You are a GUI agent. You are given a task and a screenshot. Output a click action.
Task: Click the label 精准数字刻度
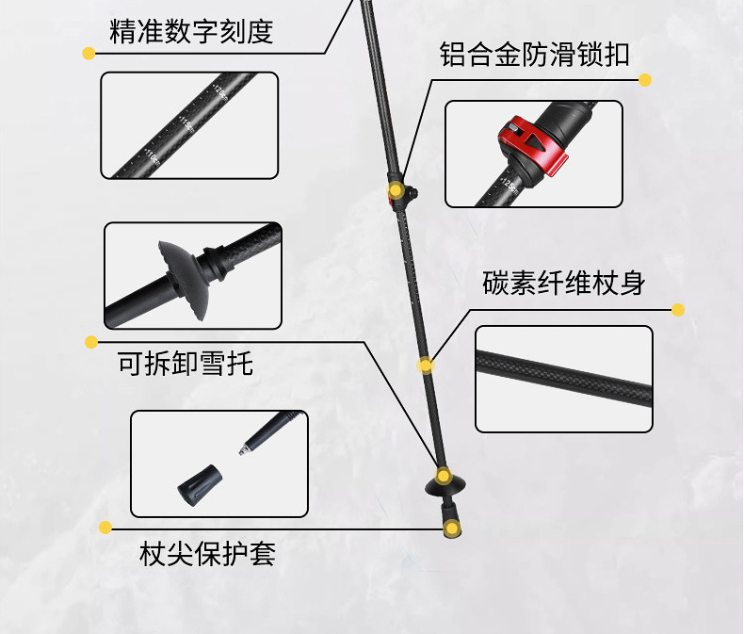tap(191, 31)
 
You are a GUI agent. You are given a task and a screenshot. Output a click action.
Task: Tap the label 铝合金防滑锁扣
tap(535, 54)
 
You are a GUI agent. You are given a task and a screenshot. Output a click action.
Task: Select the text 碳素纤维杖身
tap(564, 283)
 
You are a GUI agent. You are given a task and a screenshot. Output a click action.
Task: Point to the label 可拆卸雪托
tap(185, 364)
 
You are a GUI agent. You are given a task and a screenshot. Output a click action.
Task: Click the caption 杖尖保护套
tap(207, 553)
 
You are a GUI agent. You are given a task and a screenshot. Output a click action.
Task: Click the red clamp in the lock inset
tap(532, 145)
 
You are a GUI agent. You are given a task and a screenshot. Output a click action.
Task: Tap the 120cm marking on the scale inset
tap(220, 92)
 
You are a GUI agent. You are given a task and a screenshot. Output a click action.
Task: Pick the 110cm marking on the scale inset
tap(152, 157)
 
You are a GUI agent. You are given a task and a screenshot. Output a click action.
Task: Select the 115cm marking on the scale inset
tap(186, 123)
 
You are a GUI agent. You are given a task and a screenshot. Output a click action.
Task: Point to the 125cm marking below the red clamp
tap(510, 186)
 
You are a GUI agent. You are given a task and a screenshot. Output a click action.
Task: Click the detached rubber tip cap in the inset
tap(200, 484)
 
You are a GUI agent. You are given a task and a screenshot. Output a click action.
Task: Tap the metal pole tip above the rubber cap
tap(244, 449)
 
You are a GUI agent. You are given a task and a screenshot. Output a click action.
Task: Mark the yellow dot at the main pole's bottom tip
tap(452, 528)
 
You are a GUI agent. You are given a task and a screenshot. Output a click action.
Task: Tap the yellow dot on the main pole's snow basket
tap(444, 475)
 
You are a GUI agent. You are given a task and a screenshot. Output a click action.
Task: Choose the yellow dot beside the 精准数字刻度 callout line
tap(89, 53)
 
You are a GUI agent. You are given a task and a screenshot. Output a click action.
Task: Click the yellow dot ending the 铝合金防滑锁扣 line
tap(645, 80)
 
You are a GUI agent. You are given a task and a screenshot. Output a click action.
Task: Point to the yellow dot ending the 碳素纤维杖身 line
tap(678, 310)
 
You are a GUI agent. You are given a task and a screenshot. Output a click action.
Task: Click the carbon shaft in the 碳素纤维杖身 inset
tap(564, 378)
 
